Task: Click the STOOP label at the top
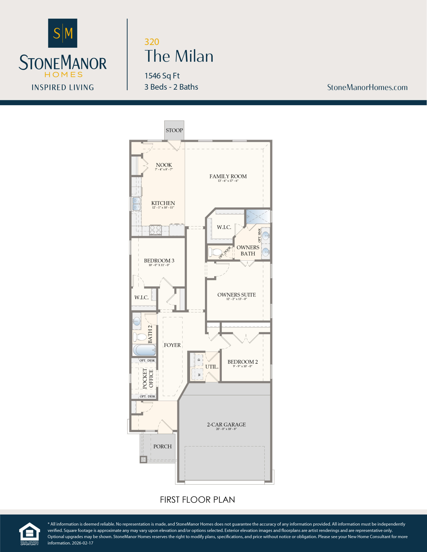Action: tap(174, 130)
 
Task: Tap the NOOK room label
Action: tap(164, 165)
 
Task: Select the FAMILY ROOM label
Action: tap(228, 176)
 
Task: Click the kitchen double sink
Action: tap(136, 204)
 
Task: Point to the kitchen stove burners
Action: tap(155, 230)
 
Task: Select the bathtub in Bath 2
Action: tap(144, 350)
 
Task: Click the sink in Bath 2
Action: tap(137, 321)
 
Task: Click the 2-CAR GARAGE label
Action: tap(226, 424)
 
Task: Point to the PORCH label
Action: tap(163, 446)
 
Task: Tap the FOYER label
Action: tap(172, 345)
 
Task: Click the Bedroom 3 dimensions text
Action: tap(159, 265)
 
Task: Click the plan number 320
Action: tap(152, 42)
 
